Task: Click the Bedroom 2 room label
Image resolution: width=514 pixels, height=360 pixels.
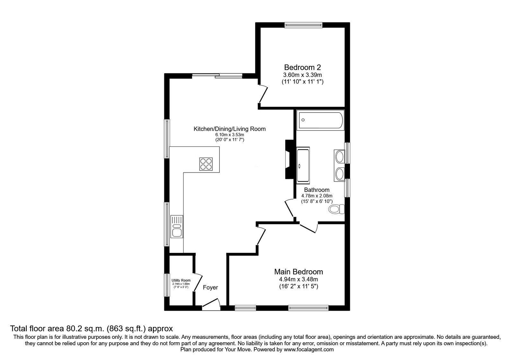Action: coord(302,67)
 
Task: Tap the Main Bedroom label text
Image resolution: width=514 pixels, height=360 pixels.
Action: coord(298,272)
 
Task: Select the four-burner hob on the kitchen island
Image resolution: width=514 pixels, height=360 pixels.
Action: coord(206,164)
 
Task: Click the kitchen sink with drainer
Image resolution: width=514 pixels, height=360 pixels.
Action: coord(177,227)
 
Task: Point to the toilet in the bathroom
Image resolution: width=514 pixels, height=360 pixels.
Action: coord(336,209)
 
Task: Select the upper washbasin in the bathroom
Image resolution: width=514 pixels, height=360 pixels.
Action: coord(339,157)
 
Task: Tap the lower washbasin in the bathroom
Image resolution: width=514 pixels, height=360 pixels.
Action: coord(339,174)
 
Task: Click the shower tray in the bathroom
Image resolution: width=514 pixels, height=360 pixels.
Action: coord(303,165)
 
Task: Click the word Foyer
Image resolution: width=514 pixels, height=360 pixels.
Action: coord(210,288)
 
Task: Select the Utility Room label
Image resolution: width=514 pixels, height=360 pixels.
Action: coord(181,280)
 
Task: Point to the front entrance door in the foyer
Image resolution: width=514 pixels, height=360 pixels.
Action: coord(211,304)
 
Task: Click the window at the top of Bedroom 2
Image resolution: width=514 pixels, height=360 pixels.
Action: coord(303,25)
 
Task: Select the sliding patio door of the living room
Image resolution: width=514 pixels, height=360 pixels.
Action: coord(217,76)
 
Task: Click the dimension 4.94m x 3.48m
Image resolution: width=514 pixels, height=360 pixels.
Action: coord(298,279)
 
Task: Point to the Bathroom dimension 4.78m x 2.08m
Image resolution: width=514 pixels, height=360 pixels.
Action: coord(316,196)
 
